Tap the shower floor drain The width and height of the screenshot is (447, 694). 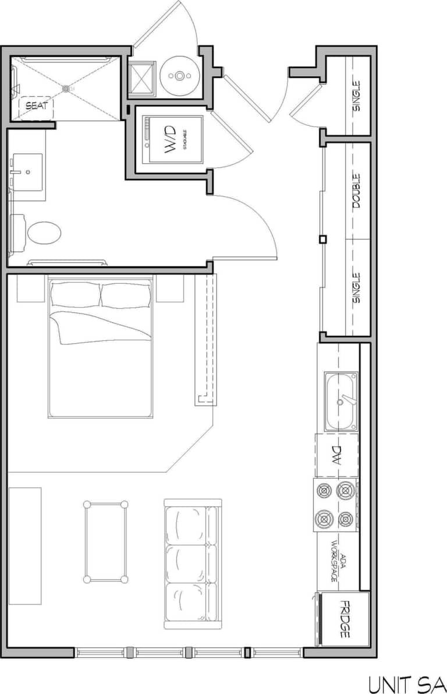point(66,87)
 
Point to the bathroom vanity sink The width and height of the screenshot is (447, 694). point(27,172)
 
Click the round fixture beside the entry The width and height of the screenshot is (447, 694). point(180,75)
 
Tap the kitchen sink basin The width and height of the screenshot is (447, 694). point(341,402)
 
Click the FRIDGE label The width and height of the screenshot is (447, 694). point(345,619)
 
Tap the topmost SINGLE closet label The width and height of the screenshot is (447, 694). point(356,96)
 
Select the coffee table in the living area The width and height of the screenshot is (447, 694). point(106,541)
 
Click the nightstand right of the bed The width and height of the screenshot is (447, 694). point(170,288)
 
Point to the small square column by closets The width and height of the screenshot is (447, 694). point(323,239)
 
